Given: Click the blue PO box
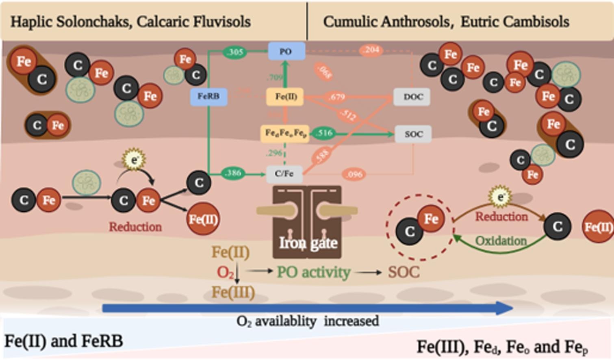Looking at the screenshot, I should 286,52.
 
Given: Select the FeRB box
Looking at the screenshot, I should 208,97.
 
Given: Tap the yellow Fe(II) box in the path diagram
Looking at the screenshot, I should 286,97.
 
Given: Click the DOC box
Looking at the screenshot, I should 412,97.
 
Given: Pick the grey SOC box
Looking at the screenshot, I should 413,134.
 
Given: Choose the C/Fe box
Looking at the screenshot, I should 284,174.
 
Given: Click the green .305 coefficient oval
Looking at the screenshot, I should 235,52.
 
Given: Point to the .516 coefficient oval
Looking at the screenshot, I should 324,133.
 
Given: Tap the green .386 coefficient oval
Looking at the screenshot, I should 233,173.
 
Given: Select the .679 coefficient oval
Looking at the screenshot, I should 337,97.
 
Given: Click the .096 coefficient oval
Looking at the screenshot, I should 354,174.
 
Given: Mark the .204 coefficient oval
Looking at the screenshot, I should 371,50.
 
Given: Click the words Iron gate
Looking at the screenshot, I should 308,243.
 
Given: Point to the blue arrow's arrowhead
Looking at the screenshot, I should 506,308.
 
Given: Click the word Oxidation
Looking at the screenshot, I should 501,241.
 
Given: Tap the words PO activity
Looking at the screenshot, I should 313,272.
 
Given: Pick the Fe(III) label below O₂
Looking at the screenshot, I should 233,292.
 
